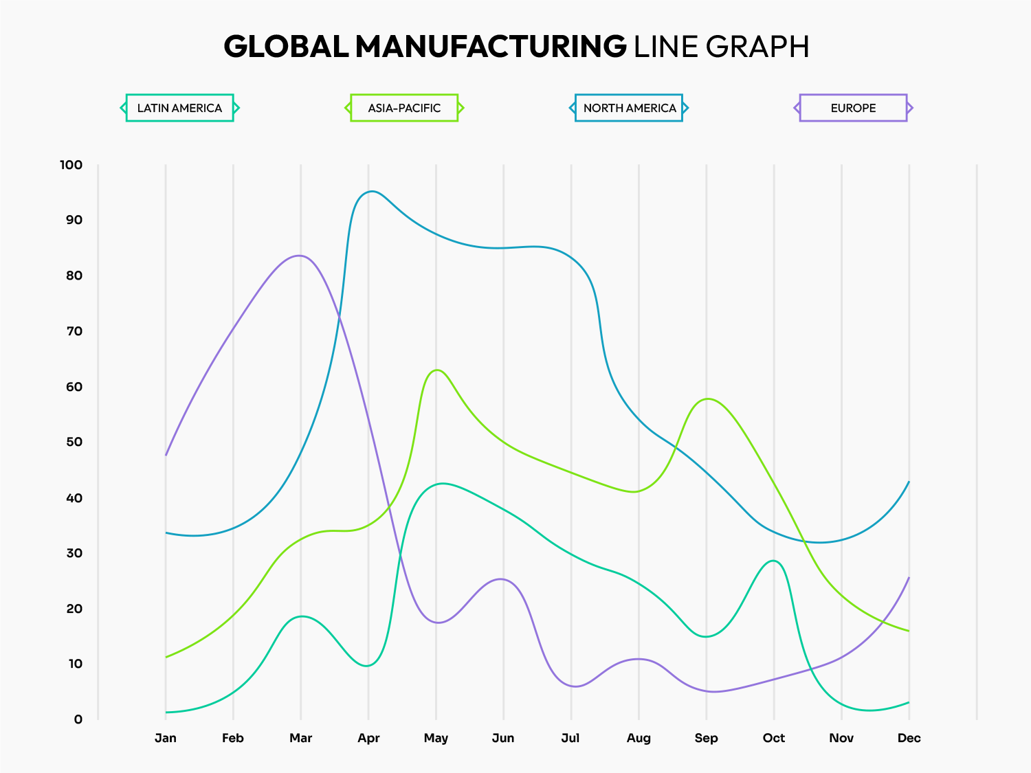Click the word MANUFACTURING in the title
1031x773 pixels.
[491, 47]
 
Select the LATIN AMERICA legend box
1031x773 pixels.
[179, 108]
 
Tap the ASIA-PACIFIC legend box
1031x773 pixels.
[404, 108]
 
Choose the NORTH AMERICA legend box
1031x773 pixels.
[629, 108]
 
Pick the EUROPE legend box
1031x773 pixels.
[853, 108]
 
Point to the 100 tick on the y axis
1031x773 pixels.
[71, 165]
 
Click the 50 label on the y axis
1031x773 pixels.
[74, 442]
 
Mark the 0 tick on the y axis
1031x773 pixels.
[78, 719]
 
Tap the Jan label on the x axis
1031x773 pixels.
[166, 738]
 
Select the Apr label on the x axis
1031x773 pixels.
[368, 738]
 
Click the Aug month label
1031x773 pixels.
[639, 738]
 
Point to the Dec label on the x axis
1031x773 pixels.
[909, 738]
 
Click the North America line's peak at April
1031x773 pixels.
[371, 191]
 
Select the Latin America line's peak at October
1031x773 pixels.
[774, 561]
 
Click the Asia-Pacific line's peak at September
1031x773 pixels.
[707, 399]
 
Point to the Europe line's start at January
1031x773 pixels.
[166, 455]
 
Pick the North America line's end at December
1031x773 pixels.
[909, 482]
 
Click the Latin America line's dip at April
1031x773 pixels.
[367, 666]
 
